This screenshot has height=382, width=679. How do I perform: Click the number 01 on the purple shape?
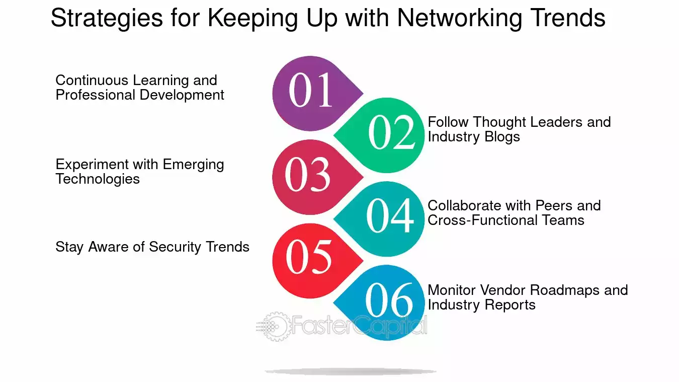pyautogui.click(x=310, y=90)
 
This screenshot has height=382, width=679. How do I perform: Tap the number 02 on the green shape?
pyautogui.click(x=392, y=132)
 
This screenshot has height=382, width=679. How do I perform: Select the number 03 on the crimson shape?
pyautogui.click(x=307, y=175)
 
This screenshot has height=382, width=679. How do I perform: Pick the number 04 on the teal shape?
pyautogui.click(x=390, y=215)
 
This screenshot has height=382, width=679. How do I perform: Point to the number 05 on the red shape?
pyautogui.click(x=309, y=257)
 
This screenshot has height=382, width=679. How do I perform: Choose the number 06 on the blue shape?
pyautogui.click(x=389, y=299)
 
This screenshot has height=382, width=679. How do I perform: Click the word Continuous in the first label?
pyautogui.click(x=92, y=81)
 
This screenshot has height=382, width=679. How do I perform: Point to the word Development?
pyautogui.click(x=182, y=95)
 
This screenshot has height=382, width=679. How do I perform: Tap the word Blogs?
pyautogui.click(x=502, y=136)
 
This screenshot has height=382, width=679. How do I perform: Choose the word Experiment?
pyautogui.click(x=92, y=165)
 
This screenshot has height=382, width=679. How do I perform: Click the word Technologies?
pyautogui.click(x=98, y=179)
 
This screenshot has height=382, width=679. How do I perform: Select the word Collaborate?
pyautogui.click(x=464, y=206)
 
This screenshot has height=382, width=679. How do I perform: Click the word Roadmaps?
pyautogui.click(x=565, y=290)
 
